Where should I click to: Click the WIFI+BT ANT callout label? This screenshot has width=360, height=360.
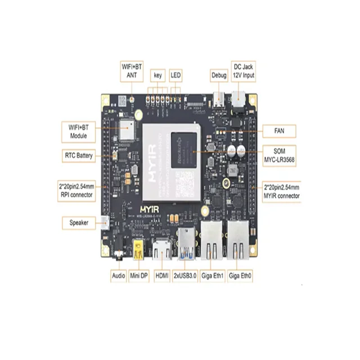pos(132,70)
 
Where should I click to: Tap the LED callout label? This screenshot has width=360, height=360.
pos(176,74)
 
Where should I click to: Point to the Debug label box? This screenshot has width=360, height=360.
pos(219,74)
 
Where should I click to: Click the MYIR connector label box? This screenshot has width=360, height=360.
pos(281,191)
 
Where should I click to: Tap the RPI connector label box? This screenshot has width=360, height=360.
pos(79,190)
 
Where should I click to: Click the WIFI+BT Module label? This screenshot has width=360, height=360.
pos(79,132)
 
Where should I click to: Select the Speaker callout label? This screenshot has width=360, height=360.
pos(78,223)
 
